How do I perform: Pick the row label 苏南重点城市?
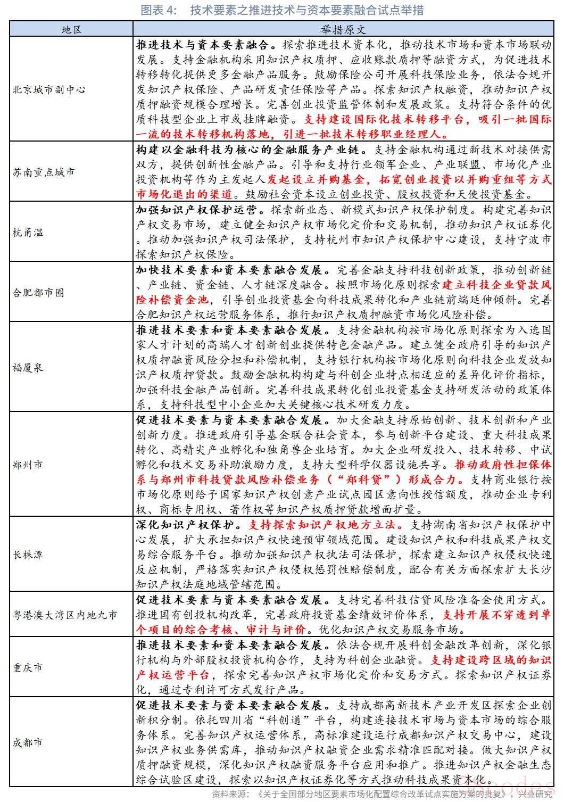[x=44, y=172]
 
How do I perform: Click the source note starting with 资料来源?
[x=383, y=795]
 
